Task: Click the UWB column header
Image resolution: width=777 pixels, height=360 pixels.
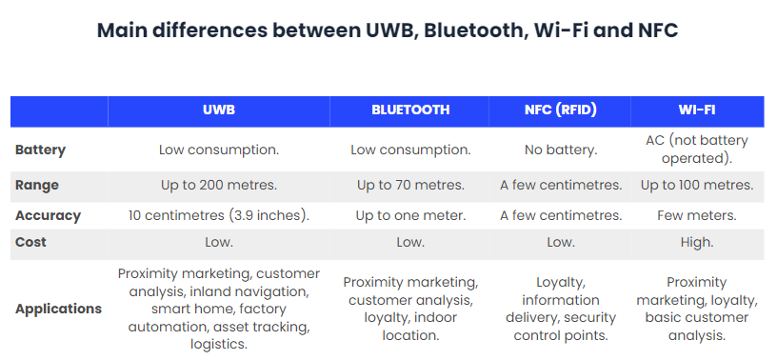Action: click(218, 110)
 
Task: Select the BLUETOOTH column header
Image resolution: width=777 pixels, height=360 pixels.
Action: click(410, 110)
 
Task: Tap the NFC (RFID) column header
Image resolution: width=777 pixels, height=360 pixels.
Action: click(560, 110)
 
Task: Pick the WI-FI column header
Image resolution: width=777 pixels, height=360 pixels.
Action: click(697, 110)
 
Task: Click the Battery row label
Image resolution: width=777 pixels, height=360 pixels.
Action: click(41, 150)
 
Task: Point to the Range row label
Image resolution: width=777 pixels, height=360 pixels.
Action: click(36, 185)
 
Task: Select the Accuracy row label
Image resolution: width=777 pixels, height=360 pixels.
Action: click(48, 215)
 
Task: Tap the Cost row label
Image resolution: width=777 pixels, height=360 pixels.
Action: click(31, 243)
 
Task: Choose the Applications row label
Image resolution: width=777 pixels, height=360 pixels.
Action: click(58, 309)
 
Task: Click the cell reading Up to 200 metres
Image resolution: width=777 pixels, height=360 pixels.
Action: click(218, 185)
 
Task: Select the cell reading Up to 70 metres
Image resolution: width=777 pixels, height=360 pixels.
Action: click(410, 185)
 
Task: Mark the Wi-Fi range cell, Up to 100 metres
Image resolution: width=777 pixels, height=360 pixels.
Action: click(697, 185)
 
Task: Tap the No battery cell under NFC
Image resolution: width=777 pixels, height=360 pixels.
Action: click(560, 150)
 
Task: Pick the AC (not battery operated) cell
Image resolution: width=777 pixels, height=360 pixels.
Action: click(697, 150)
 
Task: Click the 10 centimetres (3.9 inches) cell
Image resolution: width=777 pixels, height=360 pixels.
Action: click(218, 215)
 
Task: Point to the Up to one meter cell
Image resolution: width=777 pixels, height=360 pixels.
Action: click(410, 215)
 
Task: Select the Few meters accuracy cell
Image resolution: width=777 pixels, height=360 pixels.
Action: click(697, 215)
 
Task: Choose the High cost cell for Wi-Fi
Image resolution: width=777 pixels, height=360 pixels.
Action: click(697, 243)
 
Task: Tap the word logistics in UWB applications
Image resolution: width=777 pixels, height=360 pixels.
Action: click(219, 344)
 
